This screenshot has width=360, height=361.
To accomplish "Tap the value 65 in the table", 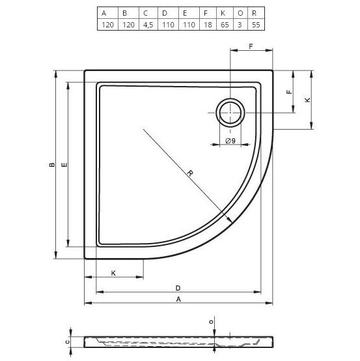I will [x=224, y=23].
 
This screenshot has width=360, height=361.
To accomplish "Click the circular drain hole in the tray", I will [x=229, y=113].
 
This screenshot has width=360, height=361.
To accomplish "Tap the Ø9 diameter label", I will [x=229, y=141].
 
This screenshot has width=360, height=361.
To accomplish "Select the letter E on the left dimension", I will [x=64, y=166].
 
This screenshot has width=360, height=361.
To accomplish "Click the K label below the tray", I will [x=113, y=272].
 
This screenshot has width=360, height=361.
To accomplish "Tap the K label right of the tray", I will [x=307, y=100].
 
